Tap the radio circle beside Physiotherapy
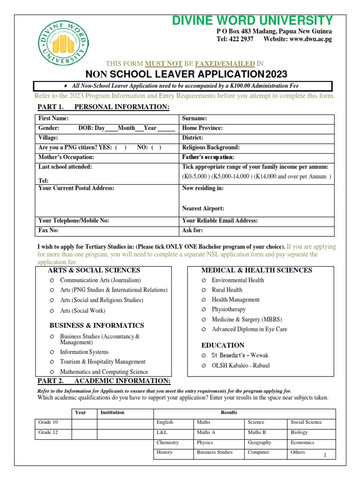(203, 310)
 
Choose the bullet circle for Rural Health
(203, 290)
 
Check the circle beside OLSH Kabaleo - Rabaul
(203, 366)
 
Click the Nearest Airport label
(203, 208)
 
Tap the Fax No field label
(49, 231)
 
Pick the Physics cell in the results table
(205, 442)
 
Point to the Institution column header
(112, 412)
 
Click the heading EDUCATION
(223, 345)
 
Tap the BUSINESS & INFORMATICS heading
(97, 325)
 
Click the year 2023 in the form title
(277, 75)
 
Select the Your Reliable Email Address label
(220, 221)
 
